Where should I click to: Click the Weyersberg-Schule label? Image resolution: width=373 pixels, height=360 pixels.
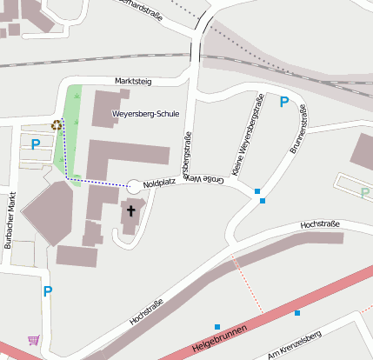[x=146, y=114]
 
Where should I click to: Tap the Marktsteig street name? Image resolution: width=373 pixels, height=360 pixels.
[x=133, y=82]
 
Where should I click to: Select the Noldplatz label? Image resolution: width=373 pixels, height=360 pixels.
[x=159, y=184]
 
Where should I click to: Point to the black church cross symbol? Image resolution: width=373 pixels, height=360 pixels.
[x=131, y=210]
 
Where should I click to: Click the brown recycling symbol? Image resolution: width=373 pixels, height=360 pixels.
[x=57, y=124]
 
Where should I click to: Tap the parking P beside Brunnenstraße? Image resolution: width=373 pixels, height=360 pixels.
[x=283, y=102]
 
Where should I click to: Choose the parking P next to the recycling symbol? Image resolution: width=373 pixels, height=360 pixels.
[x=36, y=144]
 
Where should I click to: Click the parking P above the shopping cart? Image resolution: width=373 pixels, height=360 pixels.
[x=48, y=291]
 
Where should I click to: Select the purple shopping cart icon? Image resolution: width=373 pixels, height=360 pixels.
[x=33, y=340]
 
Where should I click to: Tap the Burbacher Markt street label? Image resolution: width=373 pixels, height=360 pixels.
[x=10, y=220]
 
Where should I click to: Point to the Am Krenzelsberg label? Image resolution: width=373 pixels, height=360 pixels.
[x=296, y=345]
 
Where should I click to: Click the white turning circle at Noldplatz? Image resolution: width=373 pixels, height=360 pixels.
[x=133, y=186]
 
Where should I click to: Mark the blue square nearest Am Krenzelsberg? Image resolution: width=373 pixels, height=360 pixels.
[x=297, y=312]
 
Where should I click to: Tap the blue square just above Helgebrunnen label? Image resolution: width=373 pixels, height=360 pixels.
[x=217, y=327]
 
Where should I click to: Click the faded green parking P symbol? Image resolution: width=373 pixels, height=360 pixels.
[x=364, y=192]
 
